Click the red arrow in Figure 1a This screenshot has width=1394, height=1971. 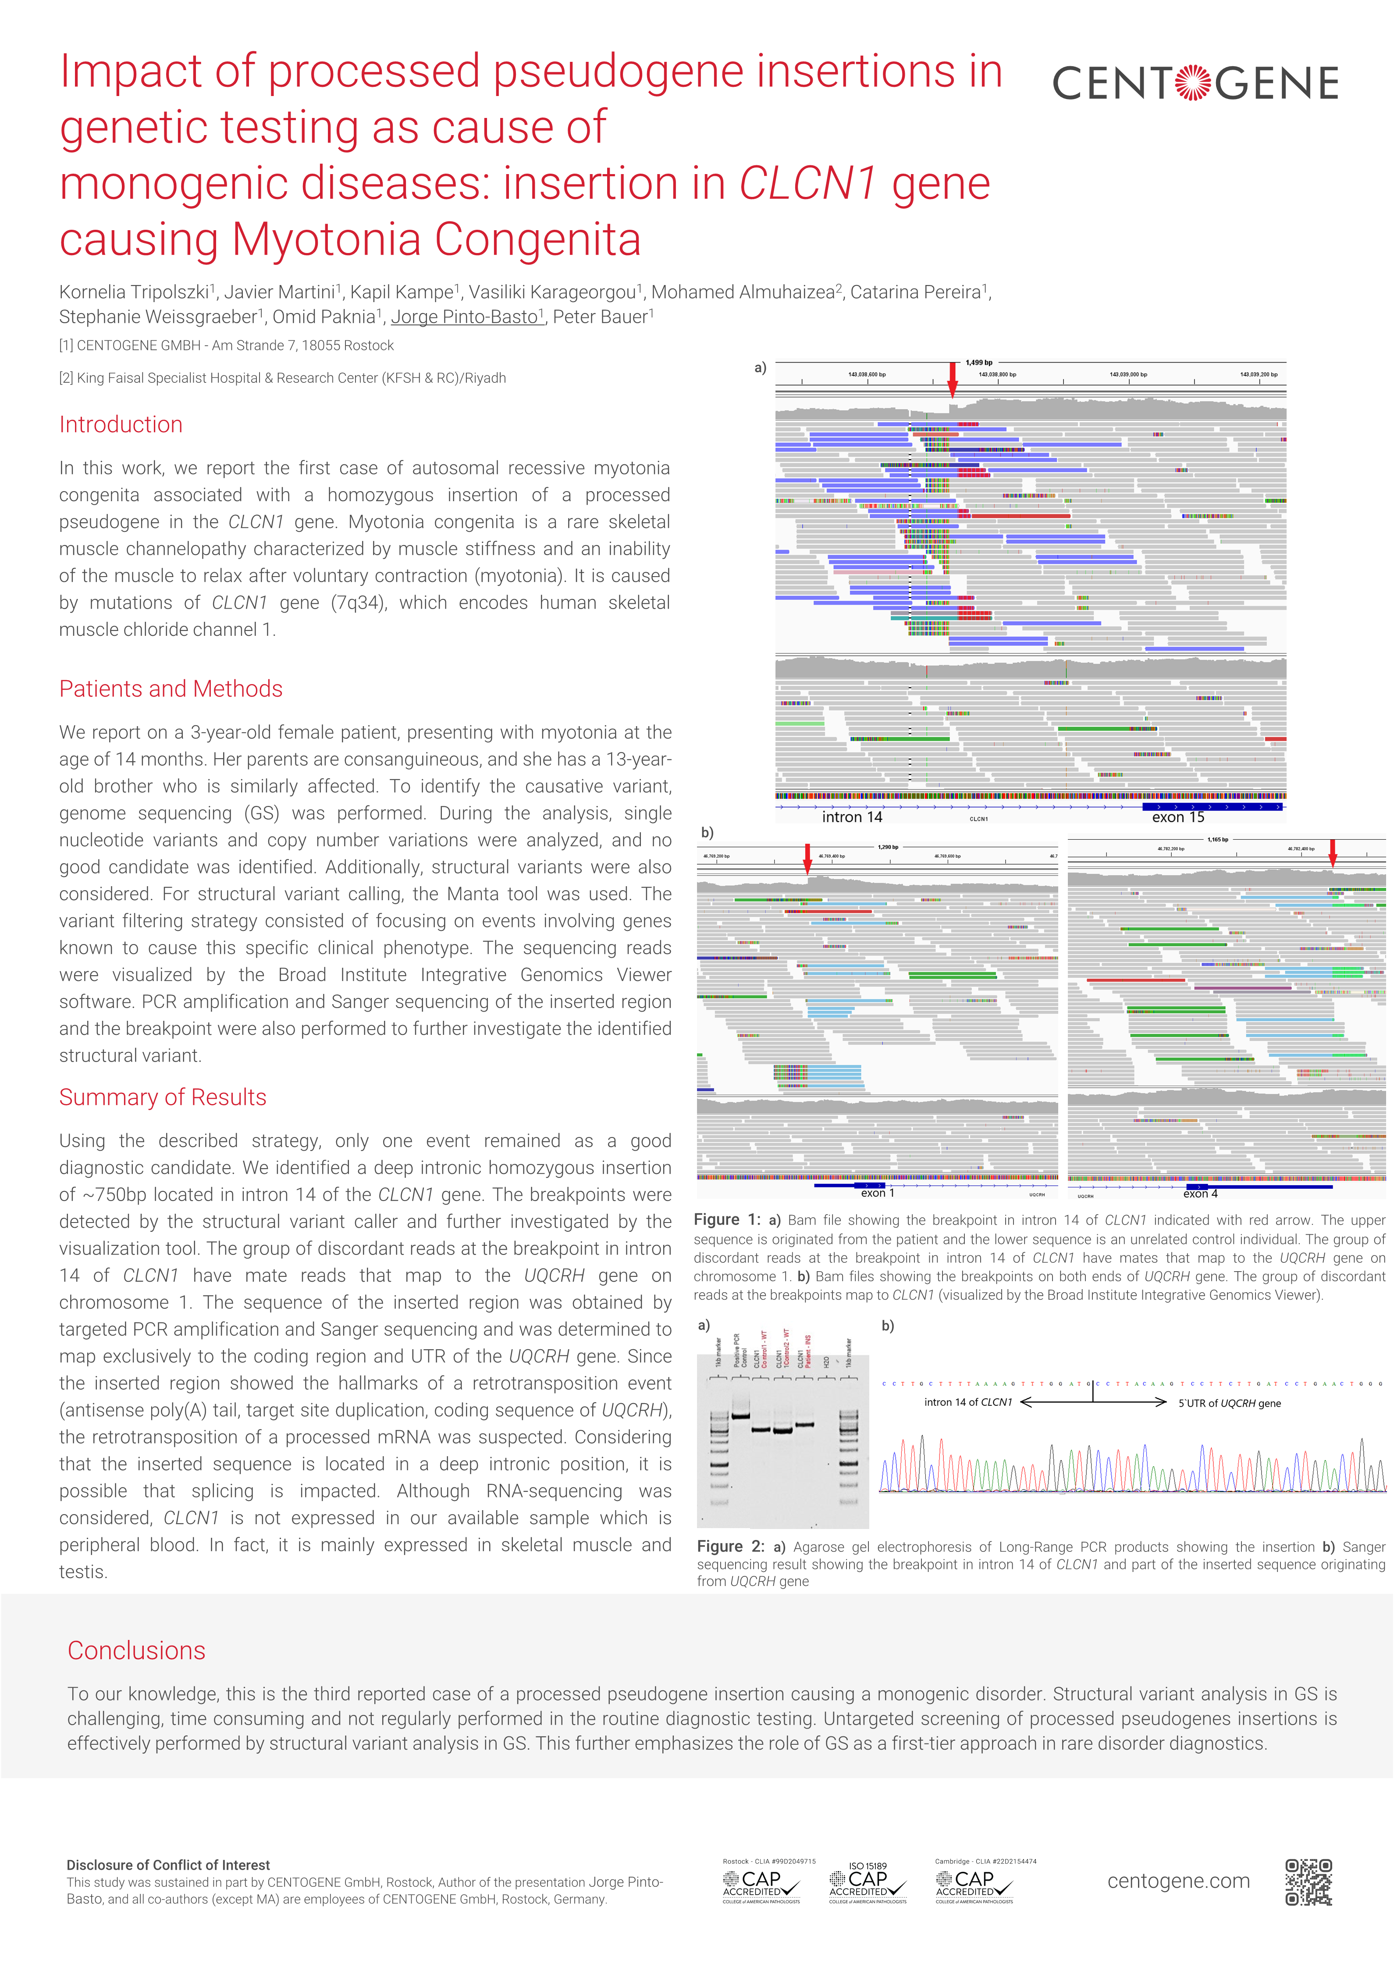(x=952, y=378)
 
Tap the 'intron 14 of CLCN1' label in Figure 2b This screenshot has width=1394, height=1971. (x=967, y=1403)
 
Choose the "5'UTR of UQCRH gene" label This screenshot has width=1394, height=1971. (x=1229, y=1404)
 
